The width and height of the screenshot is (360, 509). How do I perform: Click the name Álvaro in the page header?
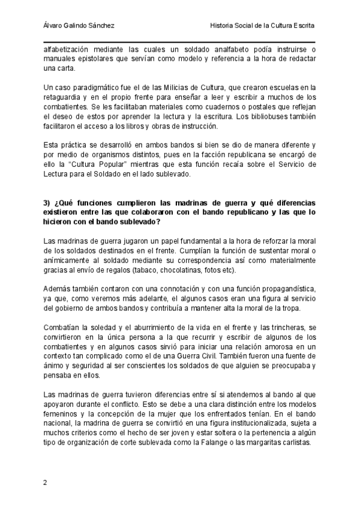(x=54, y=26)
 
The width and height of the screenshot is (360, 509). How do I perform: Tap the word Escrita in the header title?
(x=301, y=26)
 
